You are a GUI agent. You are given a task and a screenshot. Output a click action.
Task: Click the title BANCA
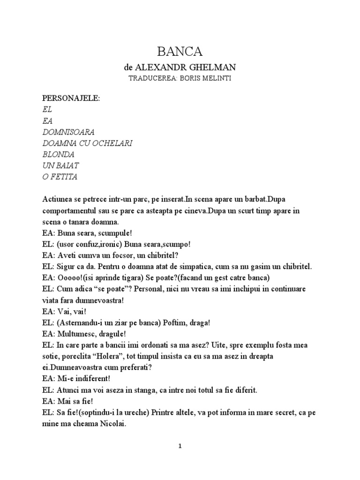coord(180,51)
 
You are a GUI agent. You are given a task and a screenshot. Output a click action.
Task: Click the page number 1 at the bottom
coord(180,447)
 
